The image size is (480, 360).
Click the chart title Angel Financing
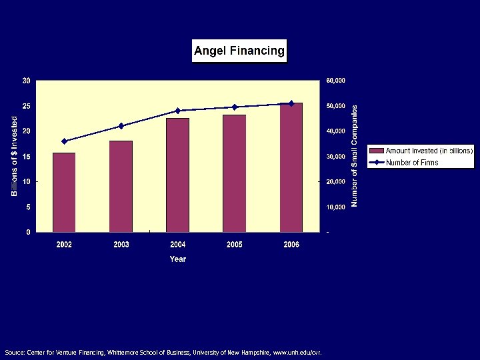(239, 50)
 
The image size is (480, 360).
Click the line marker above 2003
(121, 126)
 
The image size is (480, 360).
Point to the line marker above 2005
(235, 107)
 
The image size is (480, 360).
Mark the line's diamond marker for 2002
(64, 141)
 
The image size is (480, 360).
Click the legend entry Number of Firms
(412, 163)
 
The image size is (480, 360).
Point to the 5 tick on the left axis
(27, 207)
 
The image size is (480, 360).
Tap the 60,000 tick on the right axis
(335, 81)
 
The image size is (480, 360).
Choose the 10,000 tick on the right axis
(335, 207)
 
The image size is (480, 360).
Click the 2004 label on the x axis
(177, 245)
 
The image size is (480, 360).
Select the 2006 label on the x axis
(291, 245)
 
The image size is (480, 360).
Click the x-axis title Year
(177, 259)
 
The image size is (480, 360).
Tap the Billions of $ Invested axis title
(15, 156)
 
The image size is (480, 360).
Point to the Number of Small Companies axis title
(355, 155)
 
